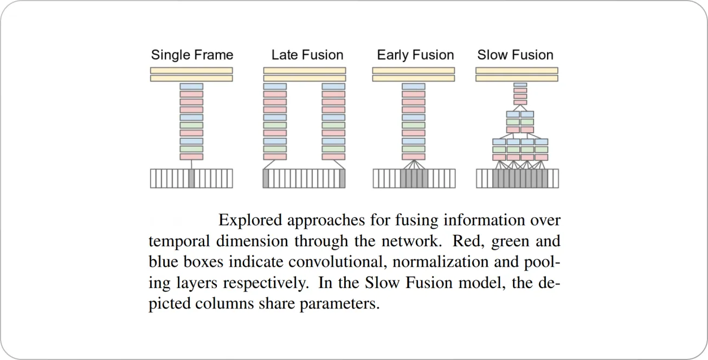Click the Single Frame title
(192, 55)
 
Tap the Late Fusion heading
(307, 55)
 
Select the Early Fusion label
(415, 55)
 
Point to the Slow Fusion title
(515, 55)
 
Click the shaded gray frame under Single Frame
(191, 178)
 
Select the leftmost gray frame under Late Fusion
(266, 178)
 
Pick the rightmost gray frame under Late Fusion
(342, 178)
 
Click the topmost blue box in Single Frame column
(191, 86)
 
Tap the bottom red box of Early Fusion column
(413, 157)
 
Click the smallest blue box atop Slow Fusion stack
(520, 85)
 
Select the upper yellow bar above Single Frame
(191, 70)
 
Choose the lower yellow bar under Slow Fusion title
(516, 78)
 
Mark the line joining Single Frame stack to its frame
(191, 164)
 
